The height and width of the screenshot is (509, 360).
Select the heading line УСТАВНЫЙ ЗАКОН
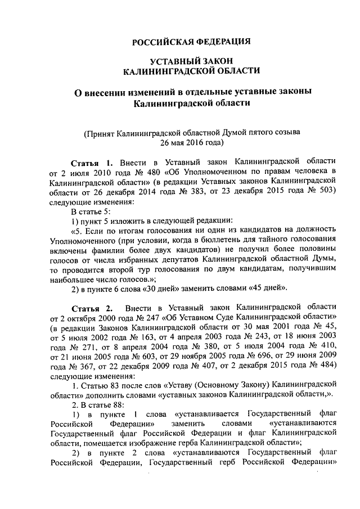pos(191,60)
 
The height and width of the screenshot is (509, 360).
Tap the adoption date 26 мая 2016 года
pos(191,143)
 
